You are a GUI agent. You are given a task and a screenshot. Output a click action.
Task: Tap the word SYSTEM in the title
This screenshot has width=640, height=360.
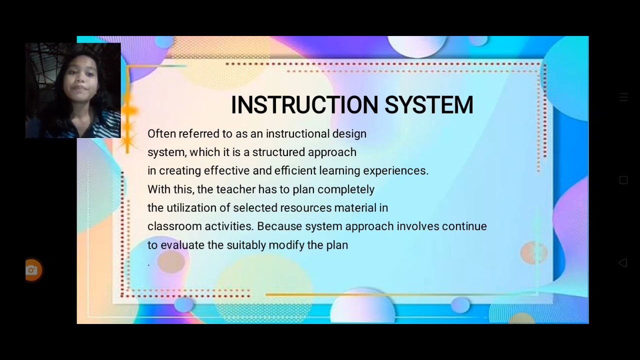pyautogui.click(x=429, y=105)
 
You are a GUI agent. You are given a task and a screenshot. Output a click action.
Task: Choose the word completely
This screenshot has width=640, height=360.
pyautogui.click(x=346, y=189)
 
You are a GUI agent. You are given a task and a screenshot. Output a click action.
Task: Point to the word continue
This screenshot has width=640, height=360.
pyautogui.click(x=464, y=226)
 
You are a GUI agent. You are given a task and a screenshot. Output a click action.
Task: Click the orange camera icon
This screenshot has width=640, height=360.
pyautogui.click(x=32, y=270)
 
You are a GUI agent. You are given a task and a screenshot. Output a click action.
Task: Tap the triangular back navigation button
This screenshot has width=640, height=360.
pyautogui.click(x=623, y=263)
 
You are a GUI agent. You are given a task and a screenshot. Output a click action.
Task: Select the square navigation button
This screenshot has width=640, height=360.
pyautogui.click(x=623, y=180)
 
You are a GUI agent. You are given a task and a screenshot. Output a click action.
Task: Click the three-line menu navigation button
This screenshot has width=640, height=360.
pyautogui.click(x=623, y=97)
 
